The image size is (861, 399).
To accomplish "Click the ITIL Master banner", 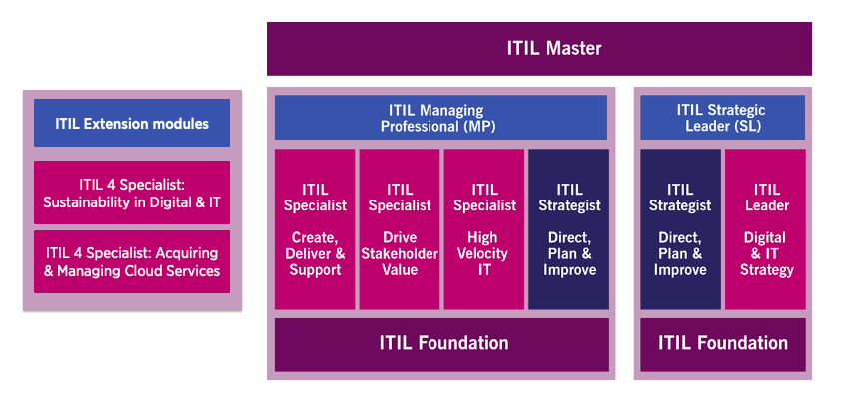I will point(538,48).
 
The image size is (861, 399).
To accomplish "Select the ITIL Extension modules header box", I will point(132,124).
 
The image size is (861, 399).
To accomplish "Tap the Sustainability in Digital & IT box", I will point(132,193).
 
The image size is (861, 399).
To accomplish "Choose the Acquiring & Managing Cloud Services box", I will point(132,261).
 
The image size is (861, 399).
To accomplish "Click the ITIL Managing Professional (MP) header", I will point(440,118).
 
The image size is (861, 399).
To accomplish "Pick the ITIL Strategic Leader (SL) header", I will point(722,118).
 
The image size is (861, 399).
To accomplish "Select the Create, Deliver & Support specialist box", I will point(315,228).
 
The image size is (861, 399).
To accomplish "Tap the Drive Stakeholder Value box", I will point(400,228).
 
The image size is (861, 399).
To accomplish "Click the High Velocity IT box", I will point(484,228).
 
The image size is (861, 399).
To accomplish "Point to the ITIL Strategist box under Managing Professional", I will point(569,228).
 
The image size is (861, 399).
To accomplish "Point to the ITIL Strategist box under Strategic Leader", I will point(680,228).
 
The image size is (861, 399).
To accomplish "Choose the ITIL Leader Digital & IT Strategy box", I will point(766,228).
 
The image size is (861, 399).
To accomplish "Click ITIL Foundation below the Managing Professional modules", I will point(440,343).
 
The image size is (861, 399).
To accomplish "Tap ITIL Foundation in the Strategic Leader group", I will point(722,343).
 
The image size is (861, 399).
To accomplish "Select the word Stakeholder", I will point(400,254).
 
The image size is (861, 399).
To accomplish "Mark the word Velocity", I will point(484,254).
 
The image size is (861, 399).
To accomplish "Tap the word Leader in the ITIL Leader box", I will point(767,205).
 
